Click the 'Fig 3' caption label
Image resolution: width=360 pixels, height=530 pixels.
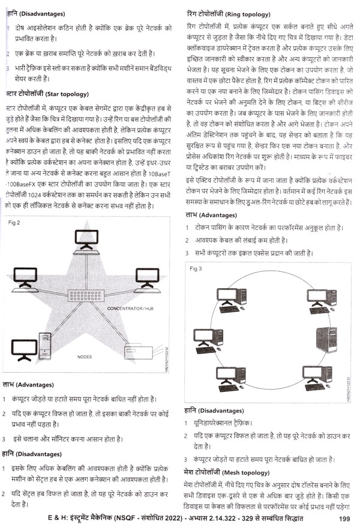[x=196, y=269]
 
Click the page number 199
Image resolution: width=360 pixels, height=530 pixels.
[x=344, y=519]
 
